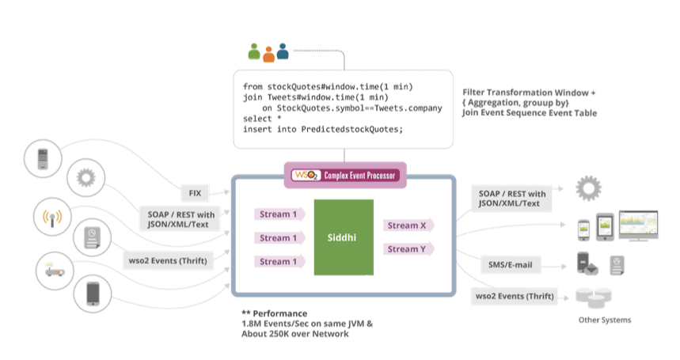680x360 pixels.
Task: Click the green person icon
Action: pyautogui.click(x=254, y=51)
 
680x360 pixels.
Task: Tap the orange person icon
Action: pyautogui.click(x=269, y=55)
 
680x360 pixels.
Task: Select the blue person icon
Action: pyautogui.click(x=283, y=51)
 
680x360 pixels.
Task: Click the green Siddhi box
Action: pyautogui.click(x=344, y=237)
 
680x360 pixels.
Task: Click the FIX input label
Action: pyautogui.click(x=195, y=193)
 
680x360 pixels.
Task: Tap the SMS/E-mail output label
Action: pyautogui.click(x=510, y=265)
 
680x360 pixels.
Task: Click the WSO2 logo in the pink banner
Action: pyautogui.click(x=306, y=176)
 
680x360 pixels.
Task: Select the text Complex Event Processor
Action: pyautogui.click(x=359, y=176)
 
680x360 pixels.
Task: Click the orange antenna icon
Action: pyautogui.click(x=52, y=218)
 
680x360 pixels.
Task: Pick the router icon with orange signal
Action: pyautogui.click(x=55, y=271)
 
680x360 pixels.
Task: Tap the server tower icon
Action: pyautogui.click(x=43, y=159)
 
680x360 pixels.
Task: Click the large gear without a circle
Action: pyautogui.click(x=588, y=188)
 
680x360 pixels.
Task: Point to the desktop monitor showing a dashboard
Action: pyautogui.click(x=638, y=225)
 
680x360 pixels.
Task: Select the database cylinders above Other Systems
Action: pyautogui.click(x=593, y=297)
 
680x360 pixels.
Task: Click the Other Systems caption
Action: pyautogui.click(x=605, y=320)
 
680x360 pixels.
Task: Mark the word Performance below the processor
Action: pyautogui.click(x=279, y=313)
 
